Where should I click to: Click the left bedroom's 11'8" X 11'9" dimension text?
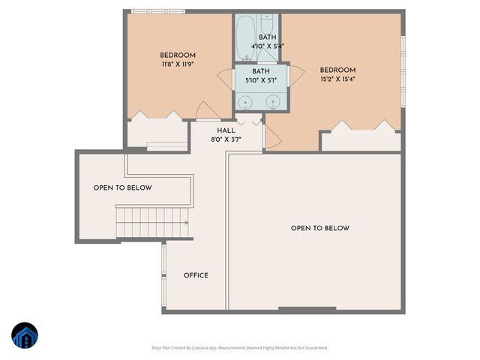point(178,64)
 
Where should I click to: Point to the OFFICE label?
point(196,275)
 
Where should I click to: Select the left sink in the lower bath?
point(244,102)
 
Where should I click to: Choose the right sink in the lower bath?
point(273,101)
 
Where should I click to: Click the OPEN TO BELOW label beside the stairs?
point(122,188)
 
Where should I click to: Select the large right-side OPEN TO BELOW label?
point(319,228)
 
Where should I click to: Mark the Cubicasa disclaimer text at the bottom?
point(239,348)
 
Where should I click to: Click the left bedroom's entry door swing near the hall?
point(205,111)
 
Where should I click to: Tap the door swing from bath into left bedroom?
point(225,77)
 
